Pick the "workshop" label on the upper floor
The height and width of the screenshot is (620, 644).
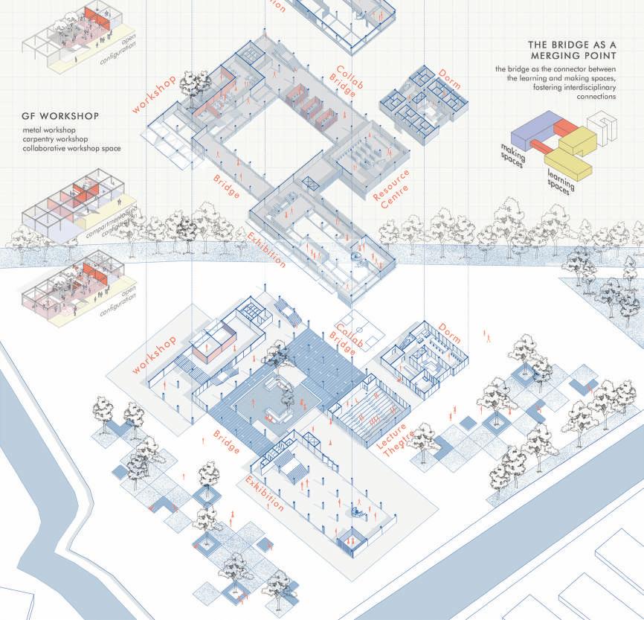[157, 94]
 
